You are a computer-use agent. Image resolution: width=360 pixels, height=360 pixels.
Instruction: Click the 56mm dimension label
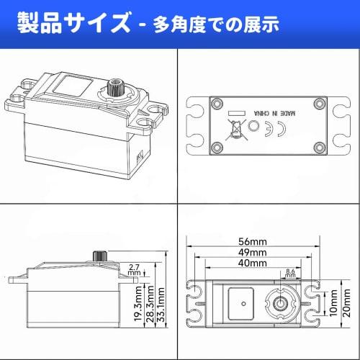point(253,241)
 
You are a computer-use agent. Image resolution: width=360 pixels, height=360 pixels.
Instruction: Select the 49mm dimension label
point(253,252)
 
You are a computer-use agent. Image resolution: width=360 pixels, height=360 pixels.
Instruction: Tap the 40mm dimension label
point(253,263)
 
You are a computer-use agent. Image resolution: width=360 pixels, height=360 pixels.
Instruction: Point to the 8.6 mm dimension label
point(290,273)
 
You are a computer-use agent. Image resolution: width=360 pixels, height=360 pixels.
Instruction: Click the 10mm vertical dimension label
point(333,303)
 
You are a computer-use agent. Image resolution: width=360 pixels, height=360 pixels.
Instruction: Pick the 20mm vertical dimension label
point(346,303)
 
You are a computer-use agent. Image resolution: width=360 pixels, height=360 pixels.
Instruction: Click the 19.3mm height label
point(138,304)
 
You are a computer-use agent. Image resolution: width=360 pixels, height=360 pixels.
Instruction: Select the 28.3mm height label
point(150,304)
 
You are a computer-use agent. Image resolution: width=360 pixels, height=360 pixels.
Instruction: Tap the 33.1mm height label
point(161,305)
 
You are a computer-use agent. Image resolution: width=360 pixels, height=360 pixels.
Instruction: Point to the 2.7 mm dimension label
point(134,270)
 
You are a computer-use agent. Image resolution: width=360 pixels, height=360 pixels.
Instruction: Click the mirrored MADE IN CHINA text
point(274,113)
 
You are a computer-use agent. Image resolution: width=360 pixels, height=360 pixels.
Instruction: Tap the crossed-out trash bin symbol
point(236,130)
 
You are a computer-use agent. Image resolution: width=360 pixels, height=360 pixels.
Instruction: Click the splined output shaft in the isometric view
point(114,87)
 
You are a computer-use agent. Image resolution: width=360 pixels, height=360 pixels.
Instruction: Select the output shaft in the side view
point(100,256)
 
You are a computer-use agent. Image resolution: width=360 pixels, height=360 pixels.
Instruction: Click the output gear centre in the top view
point(280,304)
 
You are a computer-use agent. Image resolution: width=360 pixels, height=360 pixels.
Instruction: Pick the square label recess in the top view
point(241,304)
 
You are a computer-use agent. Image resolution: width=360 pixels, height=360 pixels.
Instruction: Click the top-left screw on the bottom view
point(217,104)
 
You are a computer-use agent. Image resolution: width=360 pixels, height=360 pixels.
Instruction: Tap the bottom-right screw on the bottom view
point(320,147)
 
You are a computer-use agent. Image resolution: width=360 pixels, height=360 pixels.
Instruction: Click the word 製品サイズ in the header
point(73,23)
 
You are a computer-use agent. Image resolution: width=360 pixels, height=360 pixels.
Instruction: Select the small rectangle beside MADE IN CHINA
point(237,113)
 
